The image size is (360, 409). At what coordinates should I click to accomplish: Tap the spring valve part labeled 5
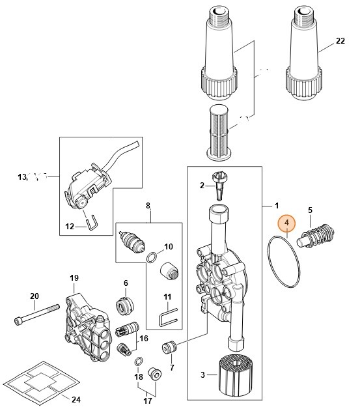tap(316, 237)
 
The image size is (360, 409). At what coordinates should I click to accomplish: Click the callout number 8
tap(148, 205)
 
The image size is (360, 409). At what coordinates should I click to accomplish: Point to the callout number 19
tap(73, 277)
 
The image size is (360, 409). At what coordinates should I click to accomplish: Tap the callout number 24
tap(76, 399)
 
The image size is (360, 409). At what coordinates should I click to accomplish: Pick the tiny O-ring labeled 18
tap(138, 361)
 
